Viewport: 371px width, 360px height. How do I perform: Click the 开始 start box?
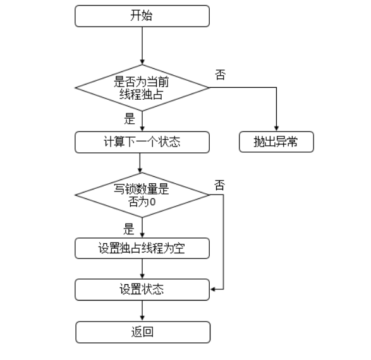(142, 16)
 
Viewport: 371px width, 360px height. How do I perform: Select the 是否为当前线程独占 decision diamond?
(142, 88)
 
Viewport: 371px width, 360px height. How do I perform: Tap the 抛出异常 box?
(276, 142)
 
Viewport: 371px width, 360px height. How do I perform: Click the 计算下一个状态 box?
(142, 142)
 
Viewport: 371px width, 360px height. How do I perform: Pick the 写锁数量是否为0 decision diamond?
(142, 195)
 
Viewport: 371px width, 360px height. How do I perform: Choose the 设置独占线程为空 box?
(142, 248)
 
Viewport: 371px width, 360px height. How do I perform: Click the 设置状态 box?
(142, 289)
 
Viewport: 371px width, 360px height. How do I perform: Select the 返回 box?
(143, 332)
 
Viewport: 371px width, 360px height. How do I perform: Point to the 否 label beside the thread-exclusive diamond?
(221, 75)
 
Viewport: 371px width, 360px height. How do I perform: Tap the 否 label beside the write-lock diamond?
(219, 185)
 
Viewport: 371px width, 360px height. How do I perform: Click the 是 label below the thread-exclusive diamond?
(130, 119)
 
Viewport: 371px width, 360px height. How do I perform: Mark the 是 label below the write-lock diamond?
(129, 229)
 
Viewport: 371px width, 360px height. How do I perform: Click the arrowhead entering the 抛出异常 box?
(276, 129)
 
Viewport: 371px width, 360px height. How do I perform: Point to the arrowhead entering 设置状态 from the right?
(212, 289)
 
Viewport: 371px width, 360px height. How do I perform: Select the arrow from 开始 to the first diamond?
(142, 45)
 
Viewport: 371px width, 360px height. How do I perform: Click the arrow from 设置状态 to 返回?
(142, 311)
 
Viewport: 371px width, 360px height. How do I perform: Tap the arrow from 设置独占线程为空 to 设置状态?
(142, 269)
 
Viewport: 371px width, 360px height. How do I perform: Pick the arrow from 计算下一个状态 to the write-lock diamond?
(140, 163)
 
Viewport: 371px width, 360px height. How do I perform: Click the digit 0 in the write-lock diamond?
(153, 202)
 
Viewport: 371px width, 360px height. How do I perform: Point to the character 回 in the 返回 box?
(148, 332)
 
